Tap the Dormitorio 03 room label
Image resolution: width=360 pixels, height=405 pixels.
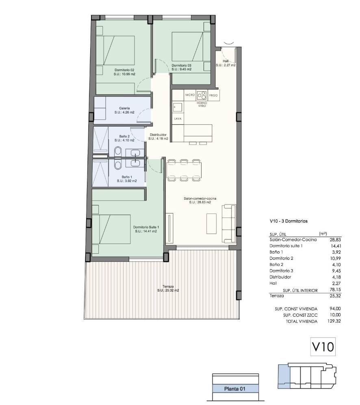tap(181, 65)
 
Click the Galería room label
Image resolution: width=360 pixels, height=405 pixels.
tap(124, 108)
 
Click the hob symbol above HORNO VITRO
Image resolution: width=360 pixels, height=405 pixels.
tap(202, 95)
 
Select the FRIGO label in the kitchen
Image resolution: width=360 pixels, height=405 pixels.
tap(213, 95)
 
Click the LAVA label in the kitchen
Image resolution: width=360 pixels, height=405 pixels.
tap(177, 119)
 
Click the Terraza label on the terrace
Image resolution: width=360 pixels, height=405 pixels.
tap(168, 286)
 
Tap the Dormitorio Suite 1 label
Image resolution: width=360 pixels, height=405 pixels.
tap(146, 227)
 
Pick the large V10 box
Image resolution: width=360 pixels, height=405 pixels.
tap(323, 347)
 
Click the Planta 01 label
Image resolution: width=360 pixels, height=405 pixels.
tap(235, 389)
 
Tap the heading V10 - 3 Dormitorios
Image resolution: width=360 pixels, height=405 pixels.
tap(288, 222)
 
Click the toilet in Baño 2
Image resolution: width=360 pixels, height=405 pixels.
tap(118, 152)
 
